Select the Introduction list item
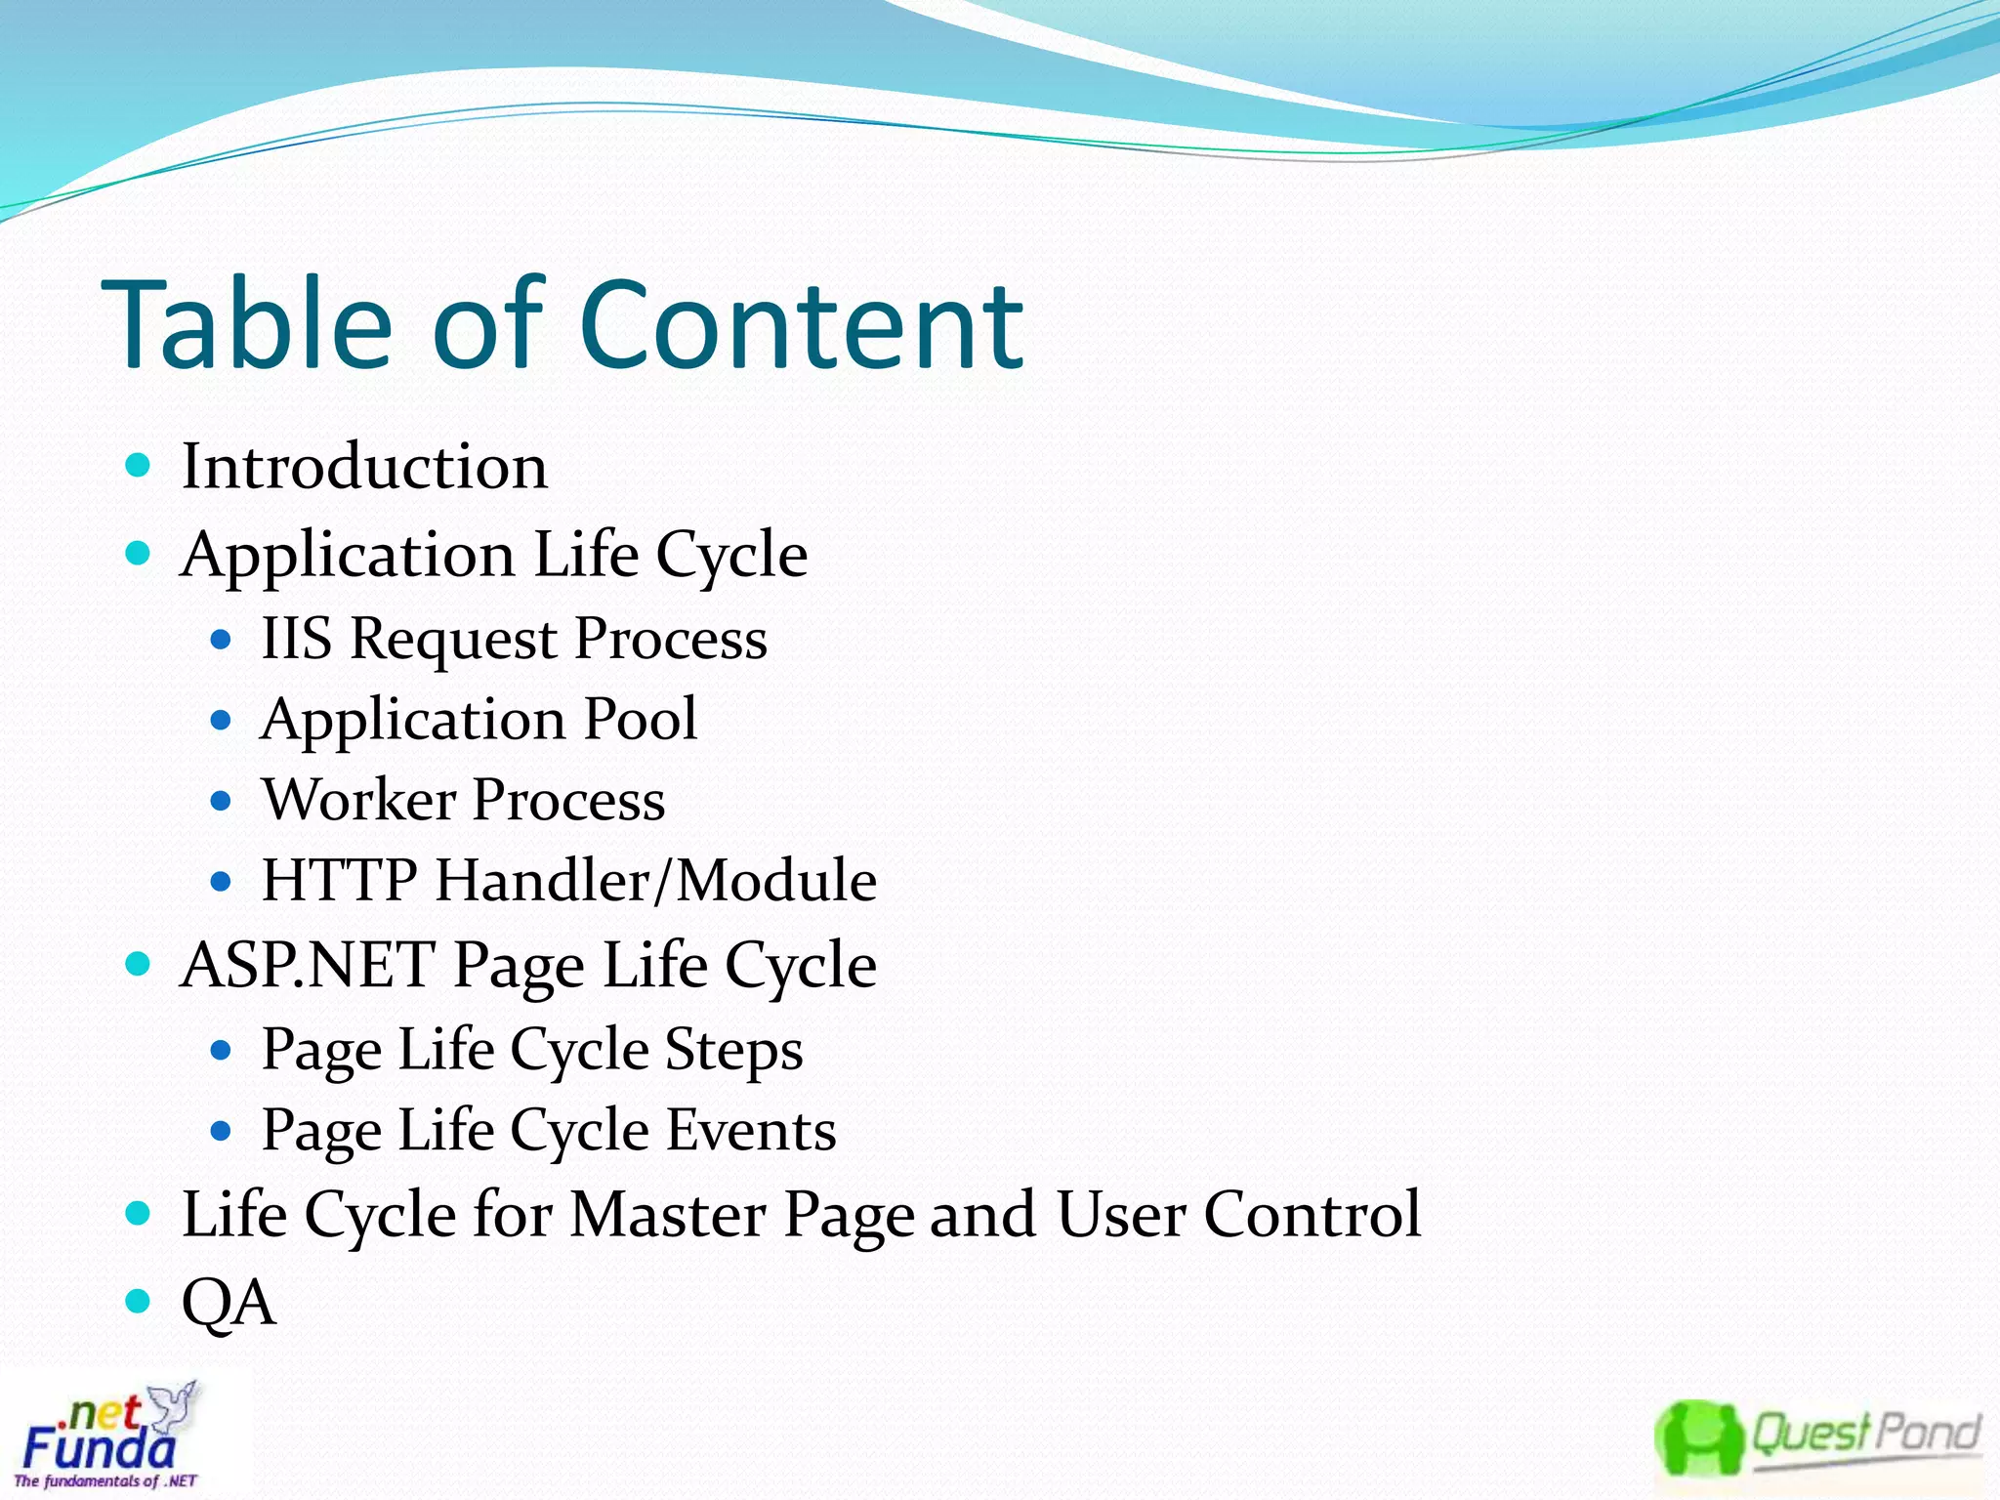[x=364, y=466]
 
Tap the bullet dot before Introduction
[x=139, y=465]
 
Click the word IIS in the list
[x=296, y=639]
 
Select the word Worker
[x=358, y=800]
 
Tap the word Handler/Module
[x=655, y=880]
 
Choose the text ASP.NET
[x=308, y=965]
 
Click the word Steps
[x=733, y=1050]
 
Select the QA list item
[x=229, y=1302]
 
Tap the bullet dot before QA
[x=139, y=1301]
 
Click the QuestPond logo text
[x=1865, y=1434]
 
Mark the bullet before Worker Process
[x=221, y=802]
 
